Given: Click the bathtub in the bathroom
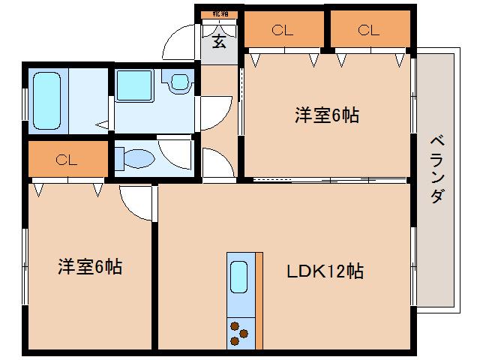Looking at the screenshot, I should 49,102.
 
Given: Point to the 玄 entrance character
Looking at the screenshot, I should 219,42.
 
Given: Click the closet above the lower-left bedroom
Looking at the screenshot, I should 67,159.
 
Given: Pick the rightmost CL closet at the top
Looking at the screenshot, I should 367,31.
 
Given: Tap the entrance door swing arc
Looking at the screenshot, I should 180,42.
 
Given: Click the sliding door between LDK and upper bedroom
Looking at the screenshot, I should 330,180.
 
